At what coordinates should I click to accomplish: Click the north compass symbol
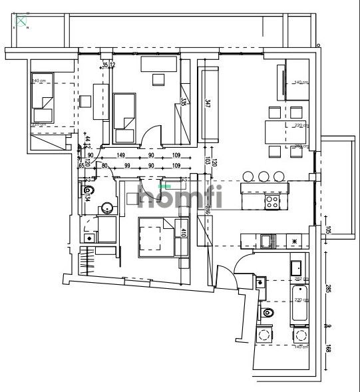point(23,23)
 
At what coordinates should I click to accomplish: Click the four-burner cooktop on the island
point(272,200)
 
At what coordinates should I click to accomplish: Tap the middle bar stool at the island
point(264,176)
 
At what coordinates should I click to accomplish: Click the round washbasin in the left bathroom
point(106,210)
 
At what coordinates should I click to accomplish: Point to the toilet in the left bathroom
point(87,194)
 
